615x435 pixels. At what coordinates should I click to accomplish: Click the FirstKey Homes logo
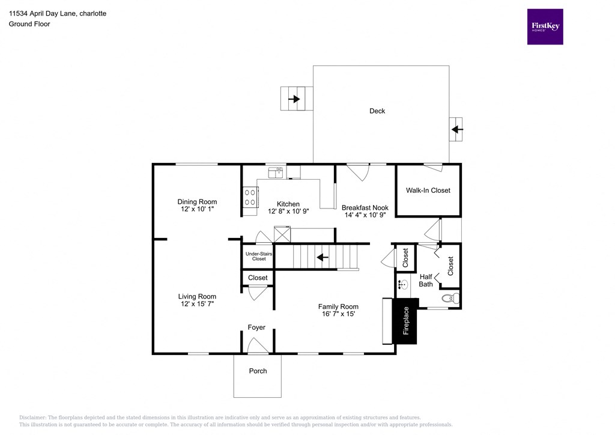tap(545, 26)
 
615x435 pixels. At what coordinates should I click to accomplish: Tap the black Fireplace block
tap(405, 321)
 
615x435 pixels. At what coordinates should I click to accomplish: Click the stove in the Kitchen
tap(250, 197)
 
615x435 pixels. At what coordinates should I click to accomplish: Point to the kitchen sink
tap(277, 172)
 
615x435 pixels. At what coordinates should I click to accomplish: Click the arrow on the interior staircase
tap(323, 258)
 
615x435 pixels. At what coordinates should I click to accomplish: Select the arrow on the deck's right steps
tap(457, 129)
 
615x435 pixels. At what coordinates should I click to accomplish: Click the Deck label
tap(377, 111)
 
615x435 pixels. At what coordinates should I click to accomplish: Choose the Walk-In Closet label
tap(428, 190)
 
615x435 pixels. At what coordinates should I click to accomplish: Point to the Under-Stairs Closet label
tap(259, 256)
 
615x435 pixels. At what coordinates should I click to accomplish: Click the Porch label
tap(258, 371)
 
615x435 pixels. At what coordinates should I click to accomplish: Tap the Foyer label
tap(256, 327)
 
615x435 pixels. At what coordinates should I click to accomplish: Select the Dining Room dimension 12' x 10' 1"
tap(197, 210)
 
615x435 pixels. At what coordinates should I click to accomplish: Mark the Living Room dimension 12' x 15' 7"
tap(197, 304)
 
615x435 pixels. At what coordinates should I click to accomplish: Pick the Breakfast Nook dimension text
tap(365, 214)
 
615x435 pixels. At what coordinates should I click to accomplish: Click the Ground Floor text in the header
tap(29, 24)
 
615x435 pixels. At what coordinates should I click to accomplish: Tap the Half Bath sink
tap(403, 284)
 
